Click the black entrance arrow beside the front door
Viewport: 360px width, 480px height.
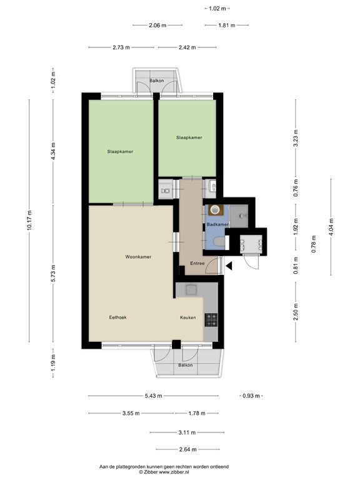point(229,266)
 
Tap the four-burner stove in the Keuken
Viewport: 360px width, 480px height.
point(211,320)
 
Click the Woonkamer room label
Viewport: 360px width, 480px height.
point(138,257)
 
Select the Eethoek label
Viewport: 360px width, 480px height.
point(117,317)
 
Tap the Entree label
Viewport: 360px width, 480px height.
point(197,263)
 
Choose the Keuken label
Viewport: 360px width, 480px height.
point(188,317)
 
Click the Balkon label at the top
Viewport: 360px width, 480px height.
point(157,81)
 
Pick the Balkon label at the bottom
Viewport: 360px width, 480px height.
point(185,365)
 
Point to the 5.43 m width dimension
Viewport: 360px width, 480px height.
point(152,396)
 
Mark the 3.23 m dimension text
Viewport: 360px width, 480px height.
point(296,142)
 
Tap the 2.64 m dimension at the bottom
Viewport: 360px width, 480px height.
point(186,449)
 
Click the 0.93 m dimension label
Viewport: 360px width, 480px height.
point(251,396)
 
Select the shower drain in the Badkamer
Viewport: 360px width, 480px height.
point(243,216)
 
